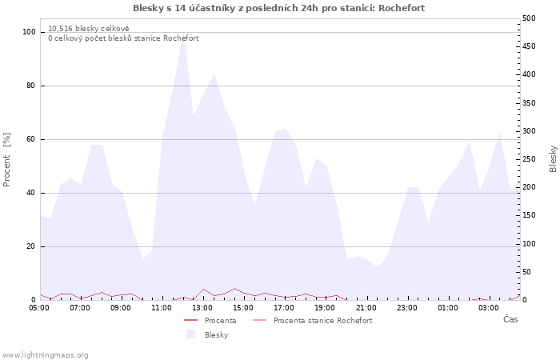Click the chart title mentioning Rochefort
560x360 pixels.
coord(278,8)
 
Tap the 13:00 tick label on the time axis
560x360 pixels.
coord(202,308)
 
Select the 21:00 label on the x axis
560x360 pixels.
coord(366,308)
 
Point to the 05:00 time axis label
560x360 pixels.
coord(39,308)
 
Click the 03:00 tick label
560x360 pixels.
coord(489,308)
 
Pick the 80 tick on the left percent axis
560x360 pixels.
coord(30,86)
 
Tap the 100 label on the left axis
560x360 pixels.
coord(29,32)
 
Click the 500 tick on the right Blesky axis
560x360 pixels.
coord(529,18)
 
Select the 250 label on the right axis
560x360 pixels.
coord(529,159)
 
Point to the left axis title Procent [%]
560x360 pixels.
coord(6,160)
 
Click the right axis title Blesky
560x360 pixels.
coord(553,159)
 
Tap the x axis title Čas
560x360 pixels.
coord(510,319)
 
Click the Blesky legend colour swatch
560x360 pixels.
coord(191,334)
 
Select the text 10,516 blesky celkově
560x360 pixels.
coord(89,29)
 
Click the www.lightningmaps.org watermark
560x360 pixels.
coord(45,355)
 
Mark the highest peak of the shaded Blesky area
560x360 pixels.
coord(183,33)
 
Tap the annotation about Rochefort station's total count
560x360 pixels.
coord(123,38)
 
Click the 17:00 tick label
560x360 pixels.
coord(284,308)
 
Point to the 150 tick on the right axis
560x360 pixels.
coord(529,215)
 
